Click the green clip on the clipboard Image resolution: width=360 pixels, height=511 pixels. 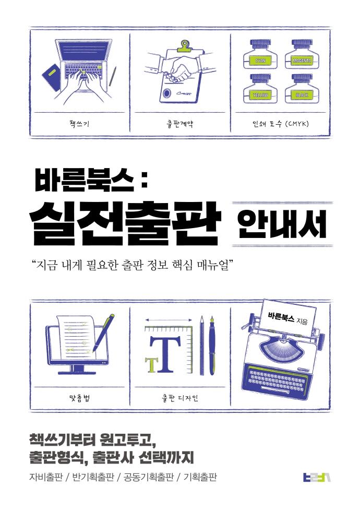click(185, 46)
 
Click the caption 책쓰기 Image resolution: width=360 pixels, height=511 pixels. click(79, 124)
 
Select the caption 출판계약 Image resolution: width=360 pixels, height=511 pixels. click(179, 124)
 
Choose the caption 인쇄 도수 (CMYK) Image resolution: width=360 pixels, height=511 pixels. click(281, 124)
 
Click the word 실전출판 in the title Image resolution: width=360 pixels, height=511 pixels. click(125, 224)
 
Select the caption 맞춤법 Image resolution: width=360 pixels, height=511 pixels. click(79, 398)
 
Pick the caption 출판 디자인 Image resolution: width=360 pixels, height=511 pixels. click(179, 398)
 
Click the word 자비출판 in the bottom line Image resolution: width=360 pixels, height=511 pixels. click(45, 477)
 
